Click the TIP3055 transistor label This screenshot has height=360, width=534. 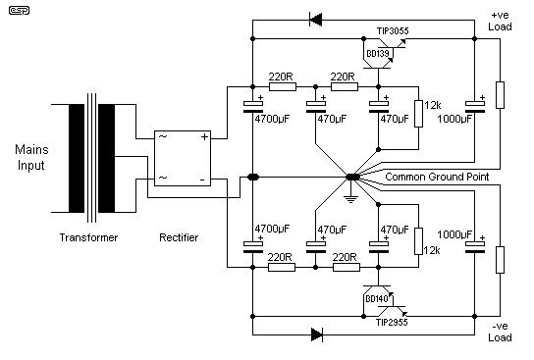(x=386, y=31)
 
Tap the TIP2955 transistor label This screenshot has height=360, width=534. (x=386, y=321)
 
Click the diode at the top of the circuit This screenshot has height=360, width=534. (x=315, y=18)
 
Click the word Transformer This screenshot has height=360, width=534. (x=90, y=237)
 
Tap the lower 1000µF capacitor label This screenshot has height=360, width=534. (x=473, y=235)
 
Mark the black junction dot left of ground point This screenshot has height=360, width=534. (x=253, y=178)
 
